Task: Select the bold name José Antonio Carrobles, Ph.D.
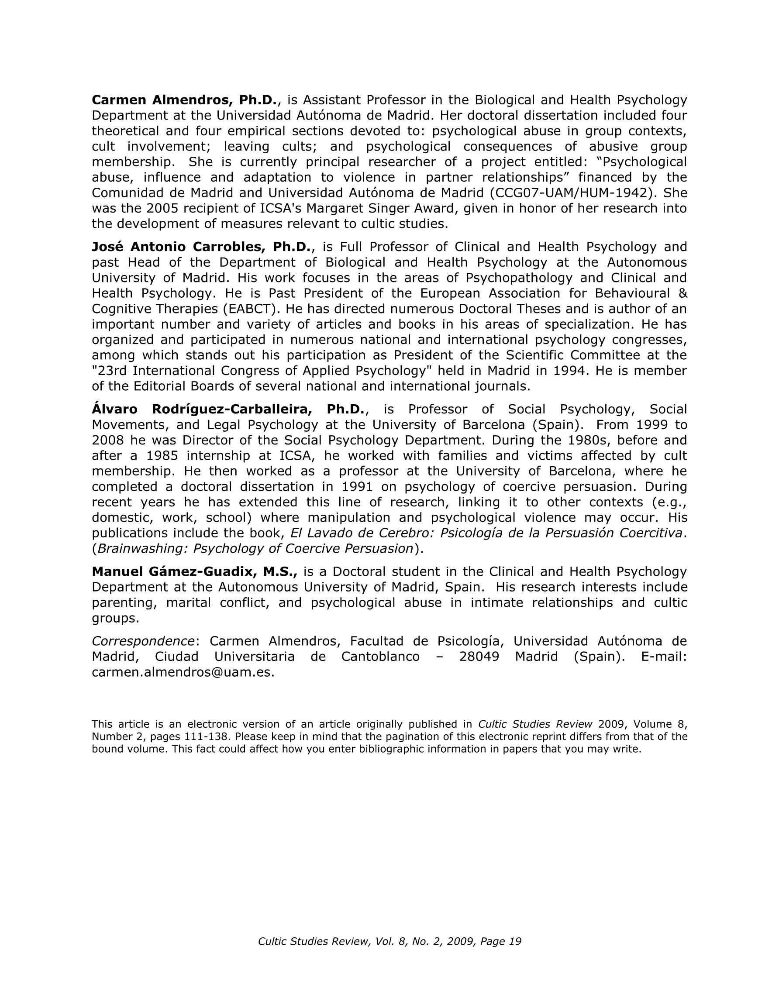pos(202,247)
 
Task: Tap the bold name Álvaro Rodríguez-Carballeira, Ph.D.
pos(229,409)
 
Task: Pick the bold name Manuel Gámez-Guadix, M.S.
pos(194,571)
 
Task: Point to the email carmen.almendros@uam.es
pos(183,672)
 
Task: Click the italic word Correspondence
pos(143,641)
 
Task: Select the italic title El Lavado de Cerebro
pos(362,533)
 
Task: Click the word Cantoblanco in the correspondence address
pos(380,656)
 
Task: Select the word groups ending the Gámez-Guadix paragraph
pos(115,619)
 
